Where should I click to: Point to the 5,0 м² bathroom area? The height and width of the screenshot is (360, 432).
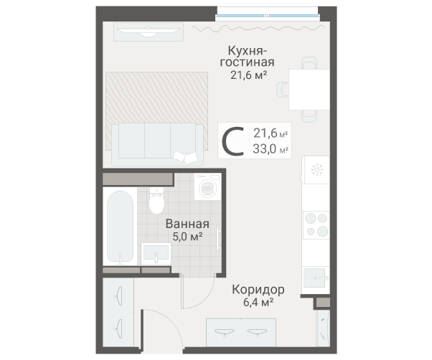click(184, 236)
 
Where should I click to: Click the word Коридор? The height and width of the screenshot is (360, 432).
click(258, 290)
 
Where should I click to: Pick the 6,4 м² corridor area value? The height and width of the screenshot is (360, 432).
click(258, 303)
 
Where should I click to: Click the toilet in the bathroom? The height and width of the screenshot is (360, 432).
click(155, 201)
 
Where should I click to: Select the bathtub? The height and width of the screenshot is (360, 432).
click(119, 227)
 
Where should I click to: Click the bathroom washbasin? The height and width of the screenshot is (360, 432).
click(156, 253)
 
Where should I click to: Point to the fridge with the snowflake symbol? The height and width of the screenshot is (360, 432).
click(316, 170)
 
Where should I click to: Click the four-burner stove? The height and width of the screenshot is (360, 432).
click(316, 224)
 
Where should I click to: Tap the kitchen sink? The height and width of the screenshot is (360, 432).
click(316, 275)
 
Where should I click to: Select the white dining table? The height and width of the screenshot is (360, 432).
click(309, 89)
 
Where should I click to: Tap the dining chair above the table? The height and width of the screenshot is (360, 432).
click(309, 62)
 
